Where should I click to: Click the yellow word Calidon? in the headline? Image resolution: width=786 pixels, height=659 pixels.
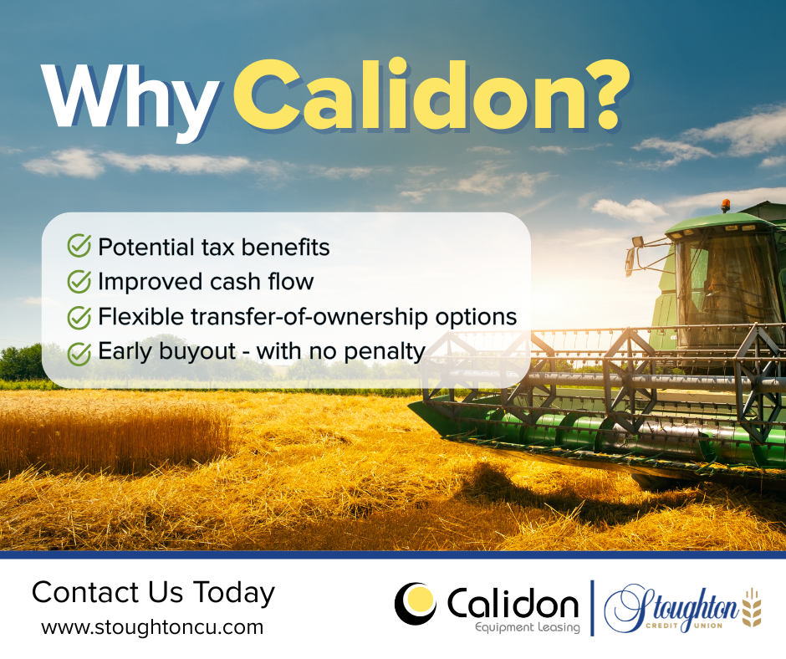pyautogui.click(x=431, y=95)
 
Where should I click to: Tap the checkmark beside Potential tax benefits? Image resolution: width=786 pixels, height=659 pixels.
pyautogui.click(x=79, y=246)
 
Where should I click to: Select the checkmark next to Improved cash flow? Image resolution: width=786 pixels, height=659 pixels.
pyautogui.click(x=79, y=281)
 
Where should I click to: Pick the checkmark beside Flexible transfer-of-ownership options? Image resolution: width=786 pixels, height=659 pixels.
pyautogui.click(x=79, y=317)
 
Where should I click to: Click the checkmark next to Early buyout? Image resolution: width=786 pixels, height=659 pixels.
pyautogui.click(x=79, y=353)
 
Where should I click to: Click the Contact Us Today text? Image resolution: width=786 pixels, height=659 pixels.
pyautogui.click(x=153, y=592)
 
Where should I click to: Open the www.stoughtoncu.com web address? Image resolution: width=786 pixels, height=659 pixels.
pyautogui.click(x=152, y=627)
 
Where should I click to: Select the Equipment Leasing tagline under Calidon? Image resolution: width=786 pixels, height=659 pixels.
pyautogui.click(x=528, y=627)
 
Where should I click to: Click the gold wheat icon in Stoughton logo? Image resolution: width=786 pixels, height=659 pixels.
pyautogui.click(x=752, y=608)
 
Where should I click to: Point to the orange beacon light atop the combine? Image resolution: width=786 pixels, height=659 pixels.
pyautogui.click(x=725, y=205)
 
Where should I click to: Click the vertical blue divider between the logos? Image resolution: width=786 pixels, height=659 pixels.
pyautogui.click(x=593, y=608)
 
